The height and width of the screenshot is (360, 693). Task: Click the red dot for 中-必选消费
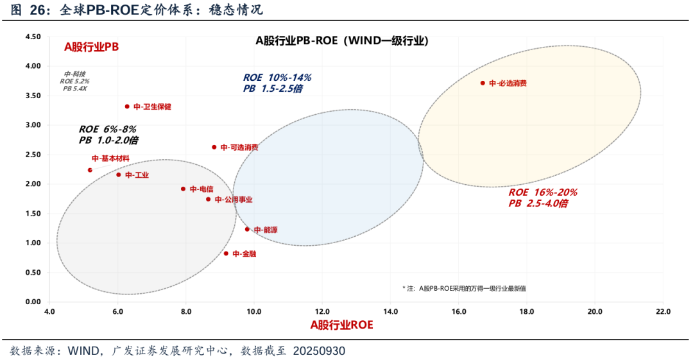[x=483, y=83]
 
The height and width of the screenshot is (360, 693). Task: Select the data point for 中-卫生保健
[x=127, y=107]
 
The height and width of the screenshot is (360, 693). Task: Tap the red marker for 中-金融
[x=226, y=253]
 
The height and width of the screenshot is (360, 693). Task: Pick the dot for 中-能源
[x=247, y=229]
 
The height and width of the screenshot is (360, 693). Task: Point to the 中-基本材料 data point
[x=90, y=170]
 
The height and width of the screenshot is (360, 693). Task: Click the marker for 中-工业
[x=118, y=175]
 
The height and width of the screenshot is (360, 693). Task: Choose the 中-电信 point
[x=183, y=189]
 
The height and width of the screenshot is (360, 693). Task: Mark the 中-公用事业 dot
[x=208, y=199]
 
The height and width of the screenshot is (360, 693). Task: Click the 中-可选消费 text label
[x=239, y=148]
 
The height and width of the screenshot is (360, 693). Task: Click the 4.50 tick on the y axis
[x=33, y=37]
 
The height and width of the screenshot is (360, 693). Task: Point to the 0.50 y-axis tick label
[x=33, y=272]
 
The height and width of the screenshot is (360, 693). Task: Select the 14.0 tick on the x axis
[x=390, y=313]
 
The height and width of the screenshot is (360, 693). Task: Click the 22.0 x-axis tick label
[x=663, y=313]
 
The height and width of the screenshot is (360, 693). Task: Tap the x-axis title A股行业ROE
[x=341, y=325]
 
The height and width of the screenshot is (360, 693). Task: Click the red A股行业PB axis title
[x=91, y=47]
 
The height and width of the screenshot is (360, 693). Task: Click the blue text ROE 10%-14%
[x=277, y=78]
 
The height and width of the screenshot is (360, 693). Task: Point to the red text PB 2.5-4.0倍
[x=538, y=203]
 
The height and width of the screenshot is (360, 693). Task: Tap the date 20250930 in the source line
[x=320, y=351]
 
